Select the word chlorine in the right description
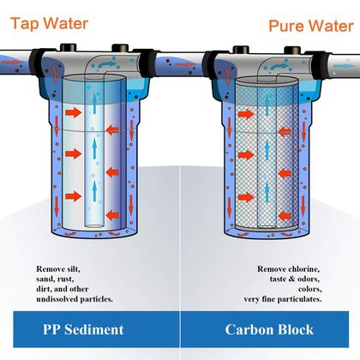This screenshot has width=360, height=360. (301, 269)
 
